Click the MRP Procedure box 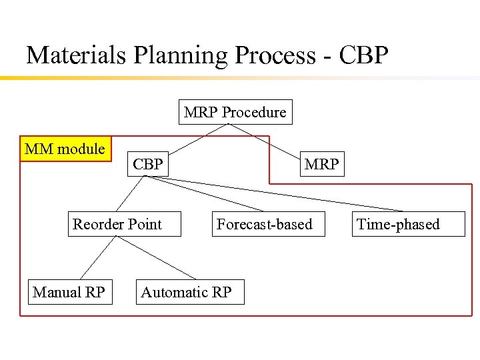235,112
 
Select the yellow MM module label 65,149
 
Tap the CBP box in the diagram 147,163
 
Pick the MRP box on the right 321,163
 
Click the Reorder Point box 117,224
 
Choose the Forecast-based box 264,224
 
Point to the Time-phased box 398,224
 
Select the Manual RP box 69,292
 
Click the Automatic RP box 186,292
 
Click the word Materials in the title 76,55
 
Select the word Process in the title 272,55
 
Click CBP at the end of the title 363,55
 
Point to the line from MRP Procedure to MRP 267,138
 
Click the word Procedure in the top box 254,112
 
